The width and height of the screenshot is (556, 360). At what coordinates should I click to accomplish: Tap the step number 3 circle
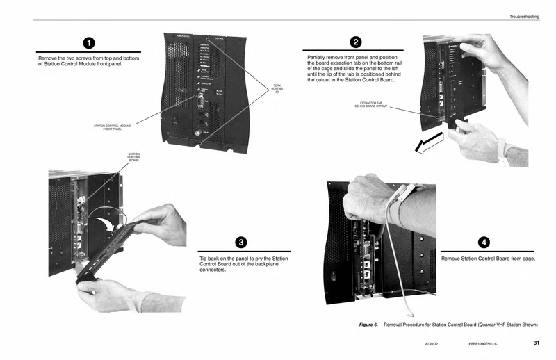(x=240, y=243)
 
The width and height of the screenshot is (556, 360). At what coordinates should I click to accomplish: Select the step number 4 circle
(x=484, y=242)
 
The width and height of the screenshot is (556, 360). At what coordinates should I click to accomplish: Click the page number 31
(x=536, y=342)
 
